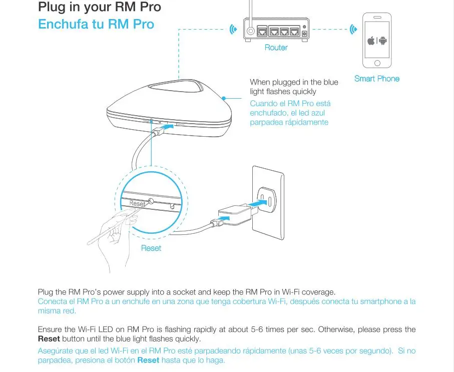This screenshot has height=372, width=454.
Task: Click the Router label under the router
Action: (276, 48)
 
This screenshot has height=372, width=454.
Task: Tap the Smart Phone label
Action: (377, 79)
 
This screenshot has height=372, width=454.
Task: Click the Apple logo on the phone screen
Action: (371, 41)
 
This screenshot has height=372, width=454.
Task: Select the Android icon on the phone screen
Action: (382, 41)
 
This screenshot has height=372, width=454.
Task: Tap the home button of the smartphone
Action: (377, 63)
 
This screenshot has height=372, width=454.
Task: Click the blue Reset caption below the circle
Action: (151, 248)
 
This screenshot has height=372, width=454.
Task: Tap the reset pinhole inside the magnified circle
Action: (151, 201)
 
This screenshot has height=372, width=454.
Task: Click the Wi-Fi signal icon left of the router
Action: (233, 29)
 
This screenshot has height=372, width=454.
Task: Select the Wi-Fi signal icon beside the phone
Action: (353, 29)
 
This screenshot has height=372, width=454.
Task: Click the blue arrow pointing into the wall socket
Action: (257, 203)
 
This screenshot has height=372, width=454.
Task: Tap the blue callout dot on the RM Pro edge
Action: (224, 99)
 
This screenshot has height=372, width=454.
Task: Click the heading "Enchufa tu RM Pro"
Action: (96, 24)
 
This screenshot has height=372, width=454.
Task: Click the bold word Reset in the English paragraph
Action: (49, 338)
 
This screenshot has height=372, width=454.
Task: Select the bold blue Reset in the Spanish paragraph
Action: (148, 360)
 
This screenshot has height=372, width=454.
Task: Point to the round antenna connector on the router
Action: (250, 31)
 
